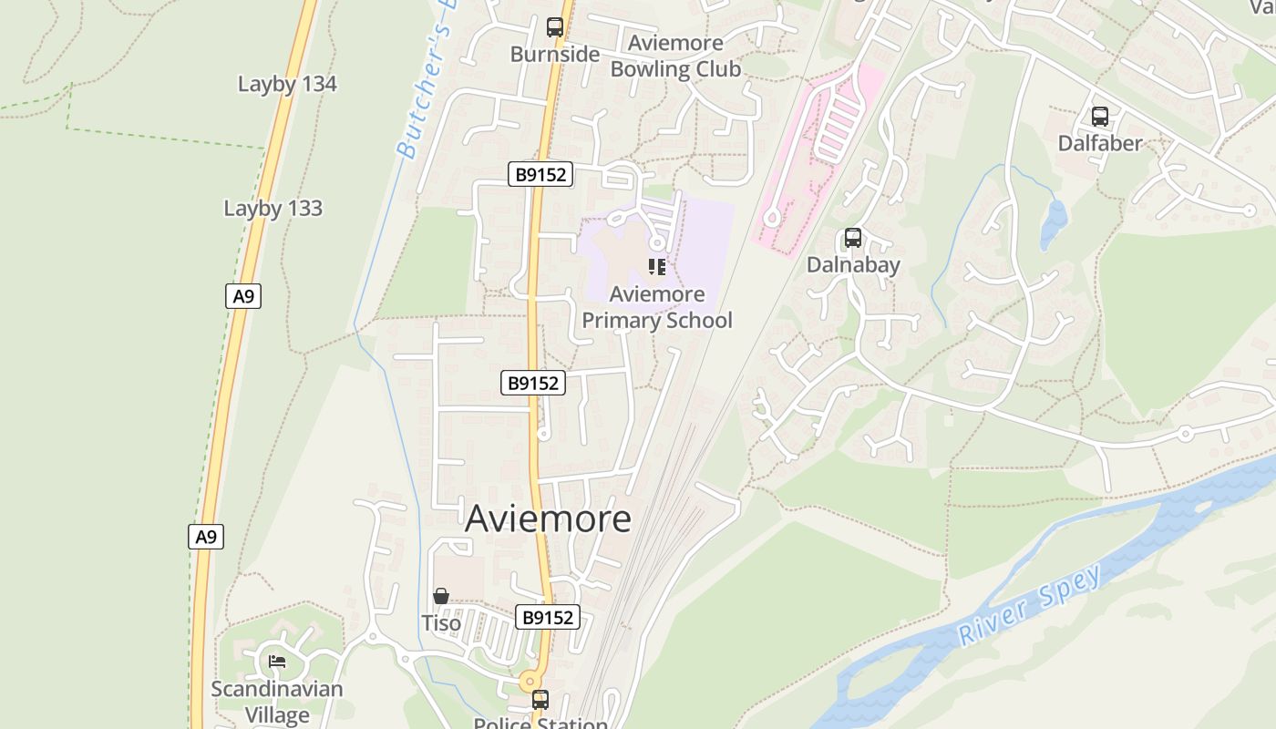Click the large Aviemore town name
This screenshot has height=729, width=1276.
548,519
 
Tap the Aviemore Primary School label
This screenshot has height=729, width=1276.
657,307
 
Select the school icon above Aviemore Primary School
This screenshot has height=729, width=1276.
657,267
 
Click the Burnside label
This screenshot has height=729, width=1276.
555,55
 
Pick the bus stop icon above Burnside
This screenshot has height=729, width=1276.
555,27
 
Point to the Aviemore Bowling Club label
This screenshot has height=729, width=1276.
675,56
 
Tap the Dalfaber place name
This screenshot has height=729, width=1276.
1100,143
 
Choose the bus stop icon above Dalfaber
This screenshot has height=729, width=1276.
1100,117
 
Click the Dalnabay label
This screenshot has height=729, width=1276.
853,265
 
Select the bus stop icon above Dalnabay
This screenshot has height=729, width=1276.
853,238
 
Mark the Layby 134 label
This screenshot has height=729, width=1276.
287,84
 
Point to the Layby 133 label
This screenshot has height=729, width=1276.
273,209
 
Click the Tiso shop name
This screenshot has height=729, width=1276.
441,623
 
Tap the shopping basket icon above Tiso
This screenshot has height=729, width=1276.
441,596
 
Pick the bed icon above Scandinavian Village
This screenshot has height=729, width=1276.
277,661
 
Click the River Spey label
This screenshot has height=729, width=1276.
1031,605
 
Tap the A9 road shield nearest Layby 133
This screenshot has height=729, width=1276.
242,296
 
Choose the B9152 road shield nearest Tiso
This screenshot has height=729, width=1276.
548,618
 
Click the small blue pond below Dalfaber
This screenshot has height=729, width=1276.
1054,223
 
